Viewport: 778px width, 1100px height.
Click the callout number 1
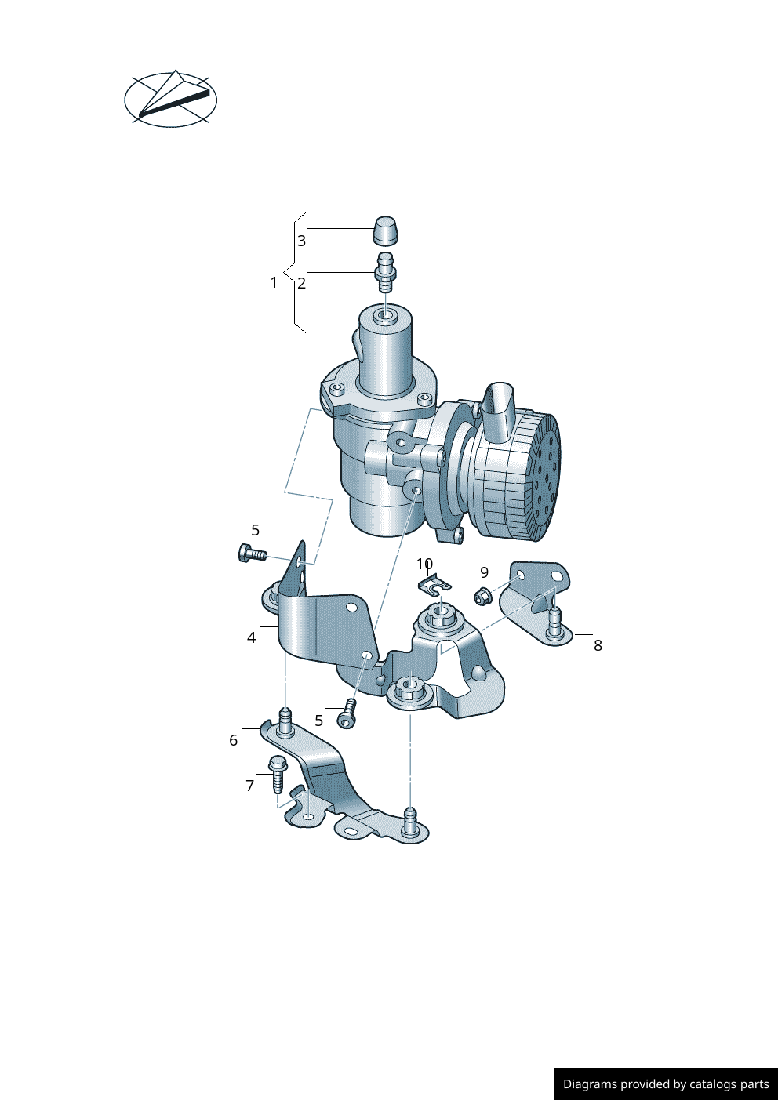pyautogui.click(x=274, y=282)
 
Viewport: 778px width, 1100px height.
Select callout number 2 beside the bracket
pyautogui.click(x=301, y=283)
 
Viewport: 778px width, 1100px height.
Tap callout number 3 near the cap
pyautogui.click(x=301, y=241)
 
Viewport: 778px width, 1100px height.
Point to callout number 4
pyautogui.click(x=251, y=637)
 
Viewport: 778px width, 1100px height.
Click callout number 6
pyautogui.click(x=233, y=740)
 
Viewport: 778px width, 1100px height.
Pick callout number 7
pyautogui.click(x=249, y=786)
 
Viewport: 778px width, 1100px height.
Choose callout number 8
pyautogui.click(x=598, y=645)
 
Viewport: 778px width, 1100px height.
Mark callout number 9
pyautogui.click(x=484, y=572)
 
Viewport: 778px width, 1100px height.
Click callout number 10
pyautogui.click(x=424, y=564)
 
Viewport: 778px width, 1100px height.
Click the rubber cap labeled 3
pyautogui.click(x=384, y=231)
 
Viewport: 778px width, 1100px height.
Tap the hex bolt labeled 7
pyautogui.click(x=278, y=773)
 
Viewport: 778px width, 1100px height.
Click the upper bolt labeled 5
pyautogui.click(x=250, y=554)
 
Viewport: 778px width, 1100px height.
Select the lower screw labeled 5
pyautogui.click(x=347, y=715)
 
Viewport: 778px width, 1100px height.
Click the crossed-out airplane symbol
pyautogui.click(x=170, y=100)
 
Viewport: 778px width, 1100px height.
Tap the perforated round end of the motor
pyautogui.click(x=547, y=478)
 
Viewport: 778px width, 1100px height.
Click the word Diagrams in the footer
pyautogui.click(x=590, y=1084)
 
